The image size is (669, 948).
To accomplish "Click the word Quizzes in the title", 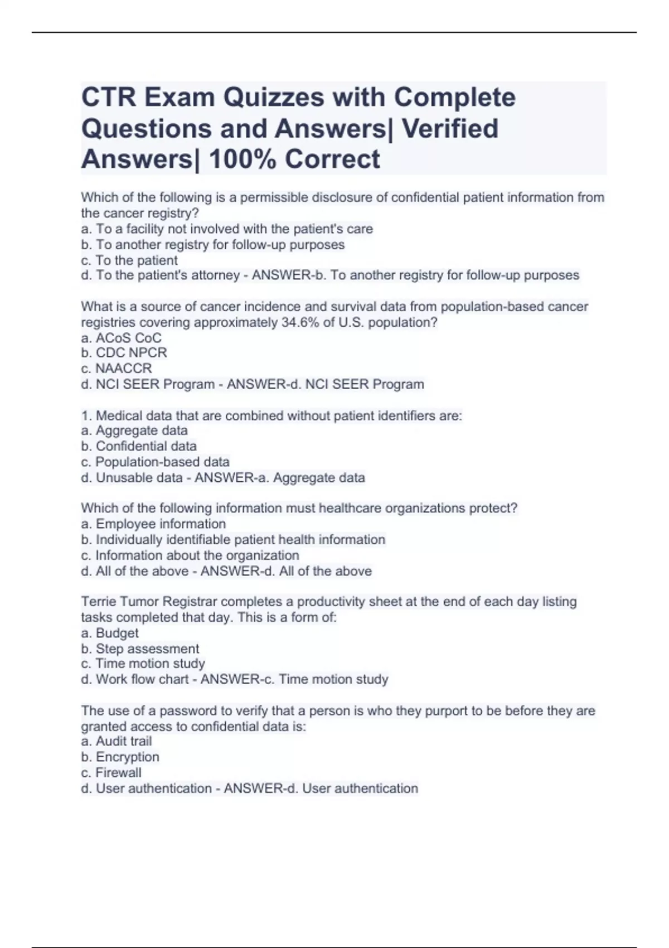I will click(x=274, y=98).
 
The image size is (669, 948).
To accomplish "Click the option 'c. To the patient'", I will click(x=129, y=260).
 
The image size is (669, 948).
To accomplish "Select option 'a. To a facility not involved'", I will click(x=227, y=229).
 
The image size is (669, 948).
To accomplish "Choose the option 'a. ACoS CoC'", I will click(x=121, y=338).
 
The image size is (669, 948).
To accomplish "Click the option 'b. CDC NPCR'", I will click(x=124, y=353).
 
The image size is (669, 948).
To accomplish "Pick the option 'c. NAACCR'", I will click(x=116, y=369).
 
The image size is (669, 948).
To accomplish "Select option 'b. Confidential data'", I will click(x=139, y=446).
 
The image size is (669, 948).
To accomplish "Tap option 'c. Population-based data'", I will click(x=155, y=462).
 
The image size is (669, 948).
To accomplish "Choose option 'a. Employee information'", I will click(x=153, y=524).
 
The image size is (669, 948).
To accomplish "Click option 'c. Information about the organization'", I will click(x=190, y=555).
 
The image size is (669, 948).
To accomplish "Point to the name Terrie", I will click(x=99, y=602).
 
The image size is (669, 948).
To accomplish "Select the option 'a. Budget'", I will click(x=110, y=633).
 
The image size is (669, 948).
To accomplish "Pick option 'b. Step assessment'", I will click(x=140, y=649).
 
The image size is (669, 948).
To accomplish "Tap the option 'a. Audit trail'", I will click(x=116, y=741).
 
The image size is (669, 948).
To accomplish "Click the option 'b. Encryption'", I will click(x=120, y=757).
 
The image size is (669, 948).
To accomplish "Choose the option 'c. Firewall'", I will click(x=111, y=772).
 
